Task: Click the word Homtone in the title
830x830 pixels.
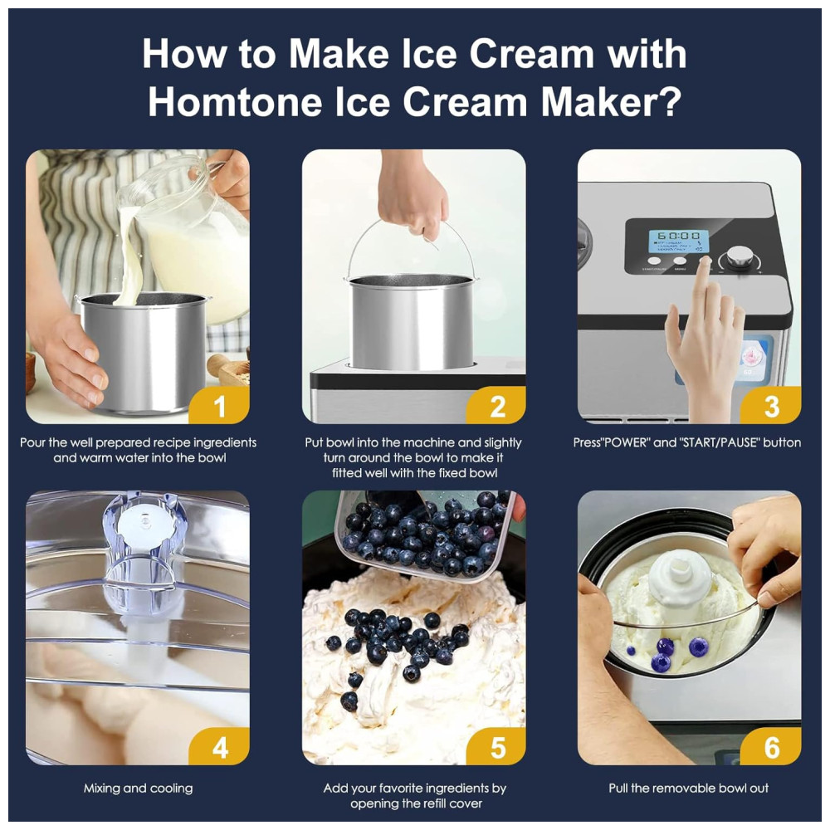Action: (x=236, y=101)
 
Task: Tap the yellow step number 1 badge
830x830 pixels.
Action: (x=219, y=405)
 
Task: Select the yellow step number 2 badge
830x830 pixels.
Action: (x=496, y=405)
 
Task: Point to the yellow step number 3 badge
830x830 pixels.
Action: (x=771, y=405)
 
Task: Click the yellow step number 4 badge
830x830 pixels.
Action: (x=219, y=746)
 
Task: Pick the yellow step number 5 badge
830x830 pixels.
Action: (x=496, y=746)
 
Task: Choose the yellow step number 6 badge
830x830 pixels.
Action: (x=771, y=746)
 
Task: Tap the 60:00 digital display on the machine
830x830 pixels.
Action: (x=679, y=236)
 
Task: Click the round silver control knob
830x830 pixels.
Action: (x=738, y=257)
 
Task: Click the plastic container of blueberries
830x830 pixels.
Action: (x=423, y=535)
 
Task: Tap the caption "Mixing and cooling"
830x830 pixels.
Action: (x=138, y=788)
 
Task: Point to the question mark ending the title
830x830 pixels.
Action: (x=671, y=100)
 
